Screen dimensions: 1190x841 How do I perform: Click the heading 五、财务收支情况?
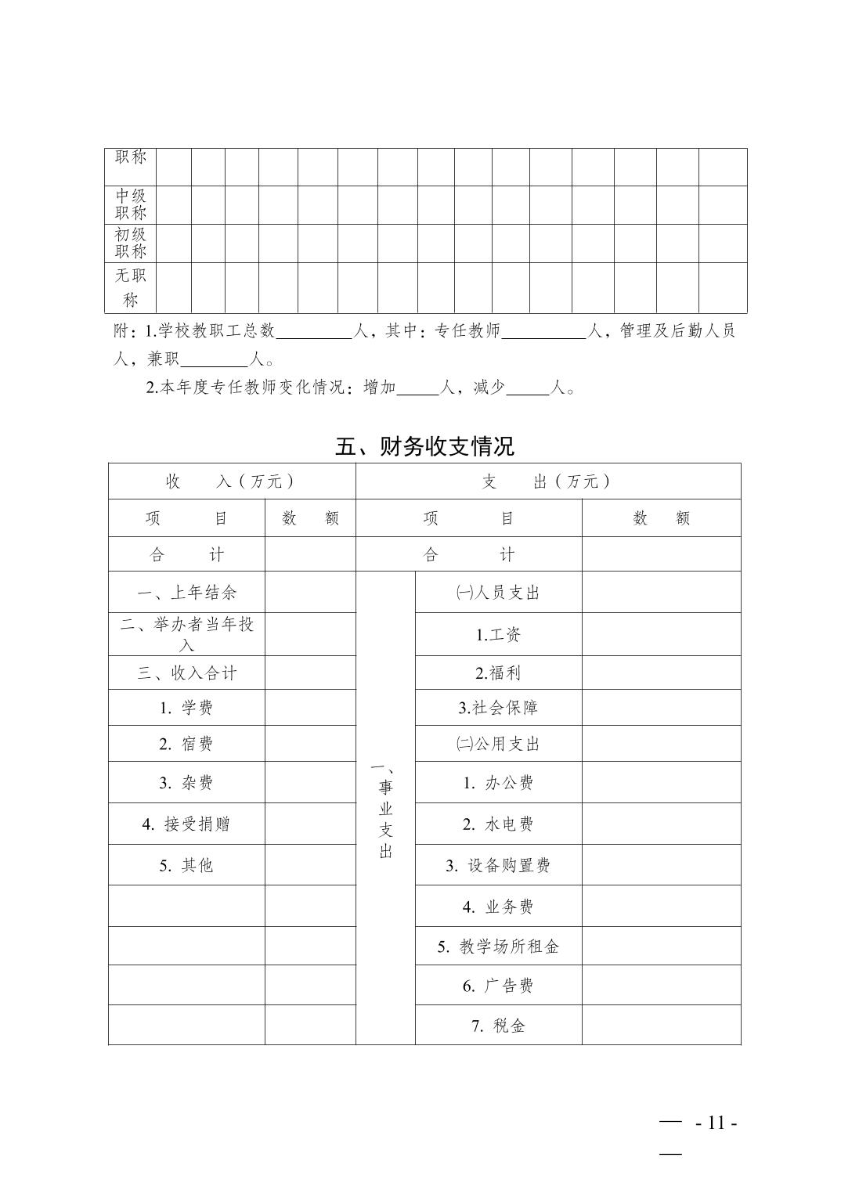pyautogui.click(x=424, y=446)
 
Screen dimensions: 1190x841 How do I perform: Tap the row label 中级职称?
pyautogui.click(x=131, y=204)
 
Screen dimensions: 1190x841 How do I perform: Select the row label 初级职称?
pyautogui.click(x=131, y=243)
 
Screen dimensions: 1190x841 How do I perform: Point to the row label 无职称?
pyautogui.click(x=131, y=287)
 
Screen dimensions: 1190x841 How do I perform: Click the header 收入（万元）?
pyautogui.click(x=231, y=481)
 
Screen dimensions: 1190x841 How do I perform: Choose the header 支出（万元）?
pyautogui.click(x=547, y=481)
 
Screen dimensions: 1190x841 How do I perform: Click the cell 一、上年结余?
pyautogui.click(x=186, y=593)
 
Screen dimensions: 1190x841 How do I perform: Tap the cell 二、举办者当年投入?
pyautogui.click(x=186, y=634)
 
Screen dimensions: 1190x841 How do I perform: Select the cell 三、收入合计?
pyautogui.click(x=186, y=673)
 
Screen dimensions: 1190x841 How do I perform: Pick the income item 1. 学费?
pyautogui.click(x=186, y=708)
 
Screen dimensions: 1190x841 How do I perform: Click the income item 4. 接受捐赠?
pyautogui.click(x=186, y=824)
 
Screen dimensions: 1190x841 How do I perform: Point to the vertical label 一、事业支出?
pyautogui.click(x=385, y=810)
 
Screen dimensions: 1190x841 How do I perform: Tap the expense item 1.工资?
pyautogui.click(x=498, y=635)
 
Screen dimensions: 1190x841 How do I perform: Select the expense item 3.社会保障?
pyautogui.click(x=498, y=708)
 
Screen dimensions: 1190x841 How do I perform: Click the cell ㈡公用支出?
pyautogui.click(x=498, y=744)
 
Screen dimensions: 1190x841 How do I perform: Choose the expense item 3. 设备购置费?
pyautogui.click(x=498, y=865)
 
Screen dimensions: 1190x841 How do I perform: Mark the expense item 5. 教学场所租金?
pyautogui.click(x=498, y=947)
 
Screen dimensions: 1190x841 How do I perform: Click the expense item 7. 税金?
pyautogui.click(x=498, y=1026)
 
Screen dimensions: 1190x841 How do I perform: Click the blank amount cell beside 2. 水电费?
pyautogui.click(x=661, y=824)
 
